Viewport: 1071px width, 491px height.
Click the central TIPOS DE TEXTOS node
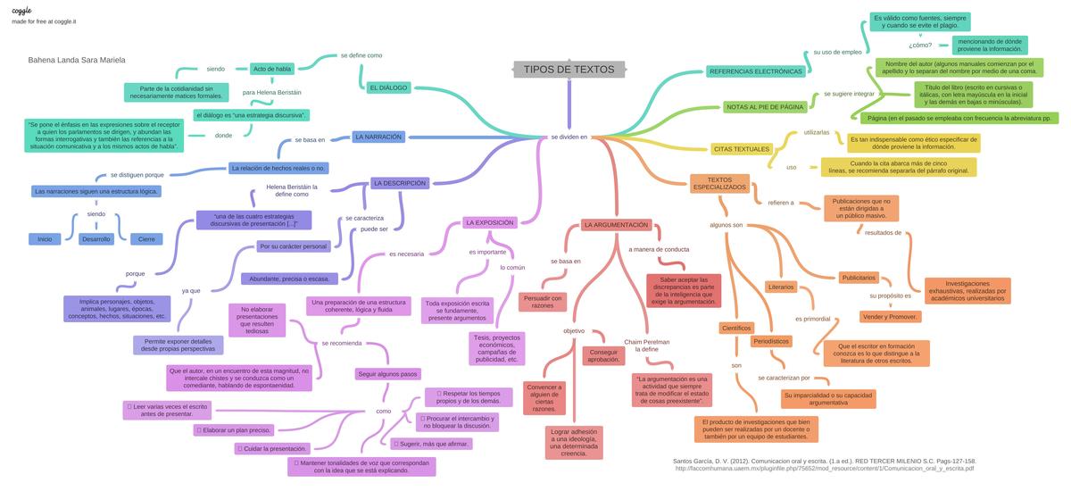(x=569, y=70)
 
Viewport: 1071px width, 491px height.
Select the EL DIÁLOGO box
(x=387, y=87)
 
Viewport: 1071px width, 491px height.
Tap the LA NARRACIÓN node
(x=378, y=137)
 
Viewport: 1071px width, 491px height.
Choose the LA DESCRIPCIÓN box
(x=400, y=183)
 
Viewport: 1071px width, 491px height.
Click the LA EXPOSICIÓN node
(x=489, y=222)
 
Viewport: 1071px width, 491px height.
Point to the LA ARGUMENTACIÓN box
(x=616, y=225)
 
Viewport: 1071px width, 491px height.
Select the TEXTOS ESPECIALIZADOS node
(x=719, y=183)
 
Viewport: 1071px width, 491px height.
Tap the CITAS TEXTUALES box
(x=741, y=148)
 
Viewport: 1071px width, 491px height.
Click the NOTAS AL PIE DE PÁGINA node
(x=765, y=107)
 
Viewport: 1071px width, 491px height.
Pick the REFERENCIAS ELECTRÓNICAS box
(x=755, y=71)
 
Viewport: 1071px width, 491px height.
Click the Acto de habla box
(x=272, y=69)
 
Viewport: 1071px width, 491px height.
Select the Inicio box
(x=45, y=239)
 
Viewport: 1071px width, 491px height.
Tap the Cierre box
(x=145, y=239)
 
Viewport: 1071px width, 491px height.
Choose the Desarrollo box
(x=96, y=239)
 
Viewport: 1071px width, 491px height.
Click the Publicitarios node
(x=859, y=278)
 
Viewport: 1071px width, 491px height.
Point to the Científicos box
(x=736, y=328)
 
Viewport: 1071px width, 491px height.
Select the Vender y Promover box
(x=890, y=316)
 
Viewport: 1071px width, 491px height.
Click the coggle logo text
(x=21, y=10)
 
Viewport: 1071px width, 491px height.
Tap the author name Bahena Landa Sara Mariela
(x=77, y=60)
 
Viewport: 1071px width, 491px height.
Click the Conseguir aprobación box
(x=604, y=355)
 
